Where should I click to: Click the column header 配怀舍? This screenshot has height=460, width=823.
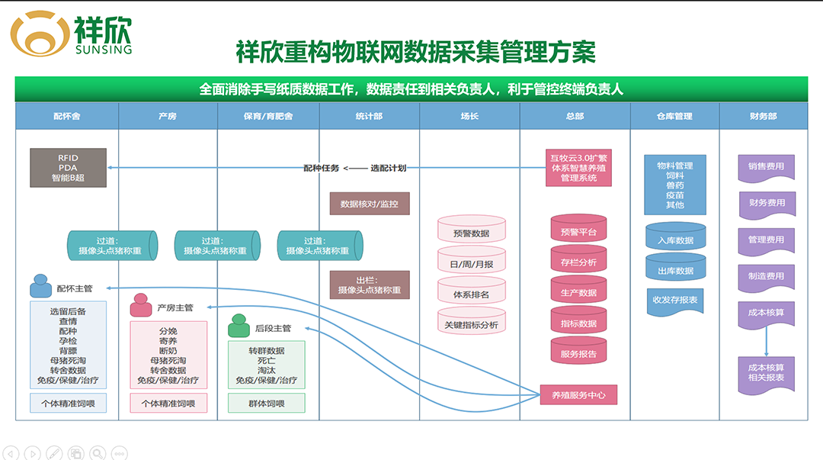67,117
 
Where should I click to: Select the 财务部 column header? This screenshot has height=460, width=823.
763,117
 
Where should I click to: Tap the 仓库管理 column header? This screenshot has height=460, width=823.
674,117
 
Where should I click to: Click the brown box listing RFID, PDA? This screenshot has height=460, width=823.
68,168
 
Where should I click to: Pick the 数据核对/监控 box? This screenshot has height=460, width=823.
370,204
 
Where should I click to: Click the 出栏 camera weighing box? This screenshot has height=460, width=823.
370,285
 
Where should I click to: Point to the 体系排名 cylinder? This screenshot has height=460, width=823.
471,294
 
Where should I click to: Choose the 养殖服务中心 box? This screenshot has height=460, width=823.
578,395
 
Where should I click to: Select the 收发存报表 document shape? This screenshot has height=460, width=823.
675,301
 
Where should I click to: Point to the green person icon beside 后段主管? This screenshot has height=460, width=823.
239,327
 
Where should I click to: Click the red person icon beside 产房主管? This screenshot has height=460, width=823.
140,306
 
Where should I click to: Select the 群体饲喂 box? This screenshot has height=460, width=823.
267,404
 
